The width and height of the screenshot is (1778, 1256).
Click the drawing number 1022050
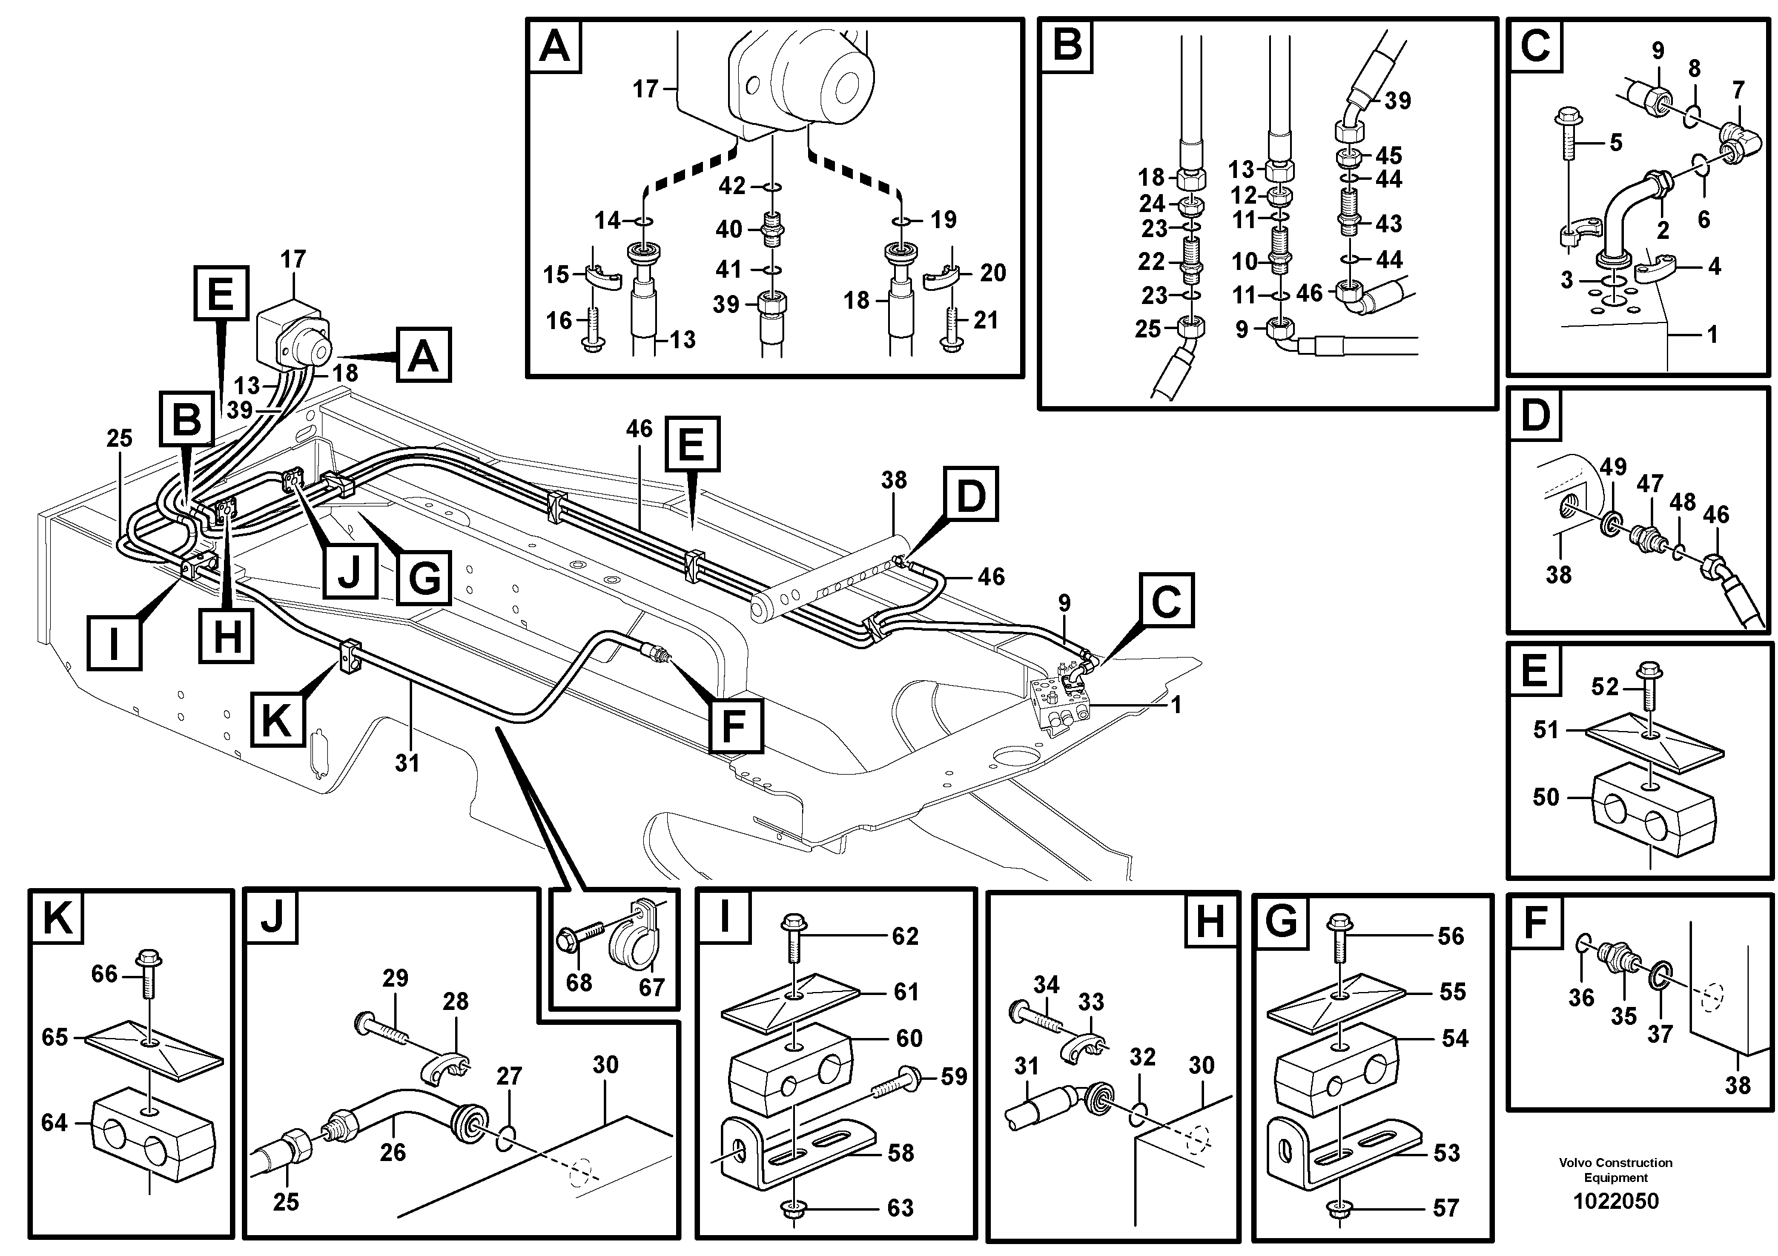pyautogui.click(x=1616, y=1201)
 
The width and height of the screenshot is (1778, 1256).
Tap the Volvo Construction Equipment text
pyautogui.click(x=1616, y=1169)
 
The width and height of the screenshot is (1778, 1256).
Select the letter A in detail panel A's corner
pyautogui.click(x=554, y=47)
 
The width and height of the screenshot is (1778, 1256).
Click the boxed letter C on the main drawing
pyautogui.click(x=1165, y=600)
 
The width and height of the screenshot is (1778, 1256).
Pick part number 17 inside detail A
pyautogui.click(x=645, y=90)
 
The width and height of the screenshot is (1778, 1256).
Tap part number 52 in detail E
pyautogui.click(x=1605, y=687)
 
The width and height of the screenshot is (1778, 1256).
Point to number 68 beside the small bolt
pyautogui.click(x=579, y=982)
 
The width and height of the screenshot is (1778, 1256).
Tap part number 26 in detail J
pyautogui.click(x=392, y=1152)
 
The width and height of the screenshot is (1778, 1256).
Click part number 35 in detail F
pyautogui.click(x=1623, y=1015)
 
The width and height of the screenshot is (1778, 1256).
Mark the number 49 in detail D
pyautogui.click(x=1613, y=467)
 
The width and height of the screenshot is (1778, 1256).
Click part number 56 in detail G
pyautogui.click(x=1451, y=936)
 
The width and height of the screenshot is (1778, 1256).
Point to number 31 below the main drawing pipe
pyautogui.click(x=407, y=763)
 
